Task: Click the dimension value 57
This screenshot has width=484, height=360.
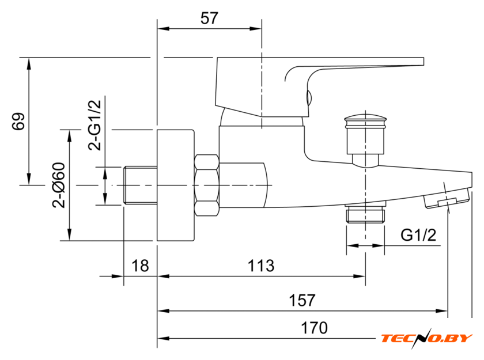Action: [209, 18]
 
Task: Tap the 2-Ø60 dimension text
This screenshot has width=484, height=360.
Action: [58, 184]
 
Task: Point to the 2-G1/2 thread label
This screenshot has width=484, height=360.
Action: [94, 124]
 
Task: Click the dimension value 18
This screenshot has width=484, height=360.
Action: [140, 266]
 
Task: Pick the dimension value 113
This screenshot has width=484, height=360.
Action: [261, 266]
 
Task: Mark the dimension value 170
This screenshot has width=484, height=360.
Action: [314, 328]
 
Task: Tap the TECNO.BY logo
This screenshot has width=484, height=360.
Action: [426, 338]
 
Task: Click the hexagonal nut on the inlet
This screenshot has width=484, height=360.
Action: [207, 185]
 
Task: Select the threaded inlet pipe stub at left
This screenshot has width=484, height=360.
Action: [140, 185]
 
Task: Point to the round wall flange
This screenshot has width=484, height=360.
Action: [176, 185]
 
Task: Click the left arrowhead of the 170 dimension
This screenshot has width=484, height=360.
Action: [162, 338]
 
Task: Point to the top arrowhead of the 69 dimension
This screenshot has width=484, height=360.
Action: [28, 62]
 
